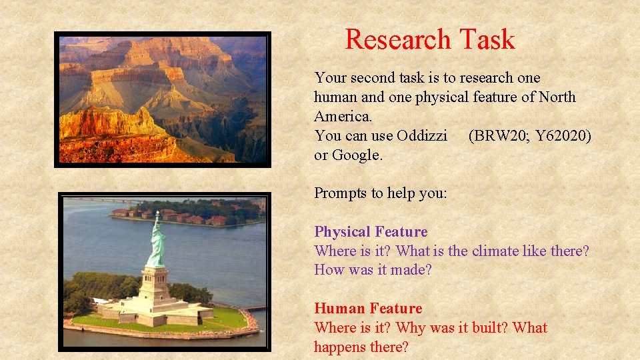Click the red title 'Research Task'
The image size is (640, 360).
pyautogui.click(x=430, y=40)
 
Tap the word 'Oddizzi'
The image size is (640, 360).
pyautogui.click(x=422, y=136)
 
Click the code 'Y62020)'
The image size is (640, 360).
pyautogui.click(x=563, y=136)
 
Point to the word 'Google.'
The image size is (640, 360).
pyautogui.click(x=357, y=155)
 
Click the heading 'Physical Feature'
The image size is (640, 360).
pyautogui.click(x=371, y=232)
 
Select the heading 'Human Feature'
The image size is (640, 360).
pyautogui.click(x=368, y=309)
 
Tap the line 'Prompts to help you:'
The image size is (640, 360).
pyautogui.click(x=380, y=193)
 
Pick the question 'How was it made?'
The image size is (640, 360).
pyautogui.click(x=373, y=271)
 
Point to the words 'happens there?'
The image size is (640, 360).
pyautogui.click(x=361, y=347)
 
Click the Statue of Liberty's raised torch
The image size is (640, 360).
pyautogui.click(x=157, y=213)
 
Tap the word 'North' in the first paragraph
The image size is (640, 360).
pyautogui.click(x=557, y=97)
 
